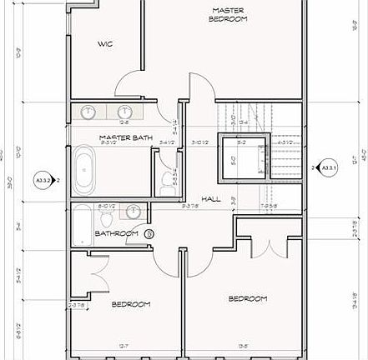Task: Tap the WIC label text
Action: coord(105,43)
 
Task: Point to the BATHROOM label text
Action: coord(116,234)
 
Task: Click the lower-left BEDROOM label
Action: coord(131,304)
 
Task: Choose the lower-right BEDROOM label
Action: coord(248,298)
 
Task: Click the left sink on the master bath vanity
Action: coord(89,112)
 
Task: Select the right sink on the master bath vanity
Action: coord(125,112)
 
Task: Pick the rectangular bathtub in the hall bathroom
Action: coord(83,225)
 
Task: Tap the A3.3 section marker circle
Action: coord(42,178)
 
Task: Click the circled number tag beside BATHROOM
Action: coord(149,234)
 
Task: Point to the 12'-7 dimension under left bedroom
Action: coord(124,344)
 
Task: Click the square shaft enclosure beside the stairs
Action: coord(242,156)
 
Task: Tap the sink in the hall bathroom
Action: coord(134,211)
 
